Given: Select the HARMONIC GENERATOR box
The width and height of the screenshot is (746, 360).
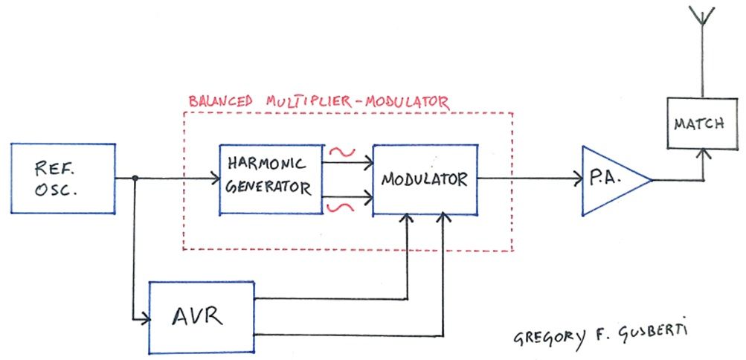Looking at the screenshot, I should [x=270, y=179].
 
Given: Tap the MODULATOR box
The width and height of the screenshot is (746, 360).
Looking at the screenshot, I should [x=424, y=179].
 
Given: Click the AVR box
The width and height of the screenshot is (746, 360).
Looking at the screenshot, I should [x=202, y=316].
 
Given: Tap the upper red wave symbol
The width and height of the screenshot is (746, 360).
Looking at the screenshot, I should [x=341, y=151].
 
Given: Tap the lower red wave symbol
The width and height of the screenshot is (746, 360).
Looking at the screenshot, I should [x=341, y=205].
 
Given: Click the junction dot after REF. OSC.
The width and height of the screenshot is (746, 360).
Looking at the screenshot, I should [x=135, y=179].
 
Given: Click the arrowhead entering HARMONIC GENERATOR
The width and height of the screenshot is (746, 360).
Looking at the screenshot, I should [x=213, y=179].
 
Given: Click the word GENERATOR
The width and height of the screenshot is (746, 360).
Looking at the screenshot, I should [x=270, y=188].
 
